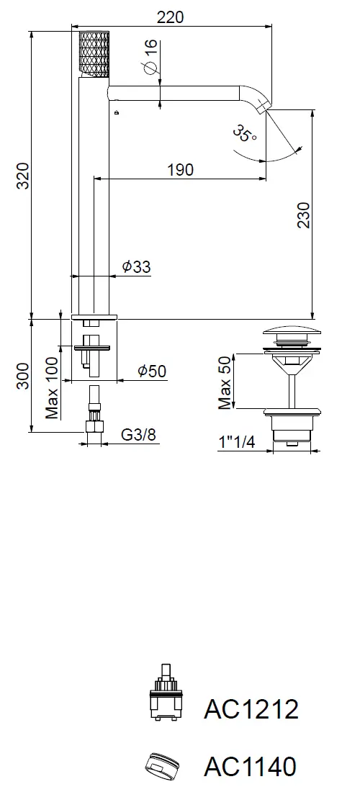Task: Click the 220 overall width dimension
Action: (170, 17)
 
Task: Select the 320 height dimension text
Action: (23, 175)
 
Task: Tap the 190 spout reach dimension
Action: (180, 170)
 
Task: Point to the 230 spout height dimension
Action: (303, 215)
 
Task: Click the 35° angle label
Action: (245, 134)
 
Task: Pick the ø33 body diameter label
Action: (136, 266)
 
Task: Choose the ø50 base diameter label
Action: (151, 372)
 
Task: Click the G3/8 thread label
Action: (138, 434)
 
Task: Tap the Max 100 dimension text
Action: (52, 387)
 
